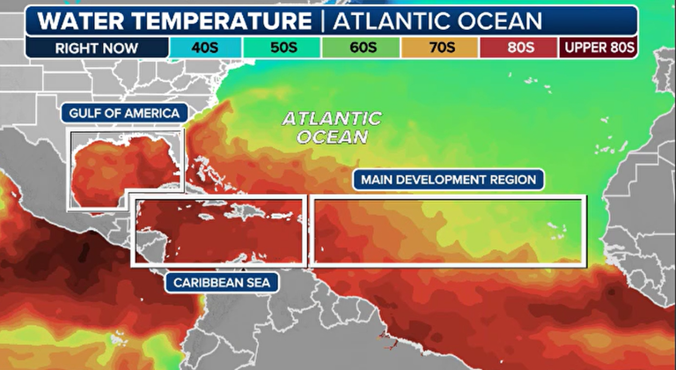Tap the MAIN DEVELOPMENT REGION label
[448, 180]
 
